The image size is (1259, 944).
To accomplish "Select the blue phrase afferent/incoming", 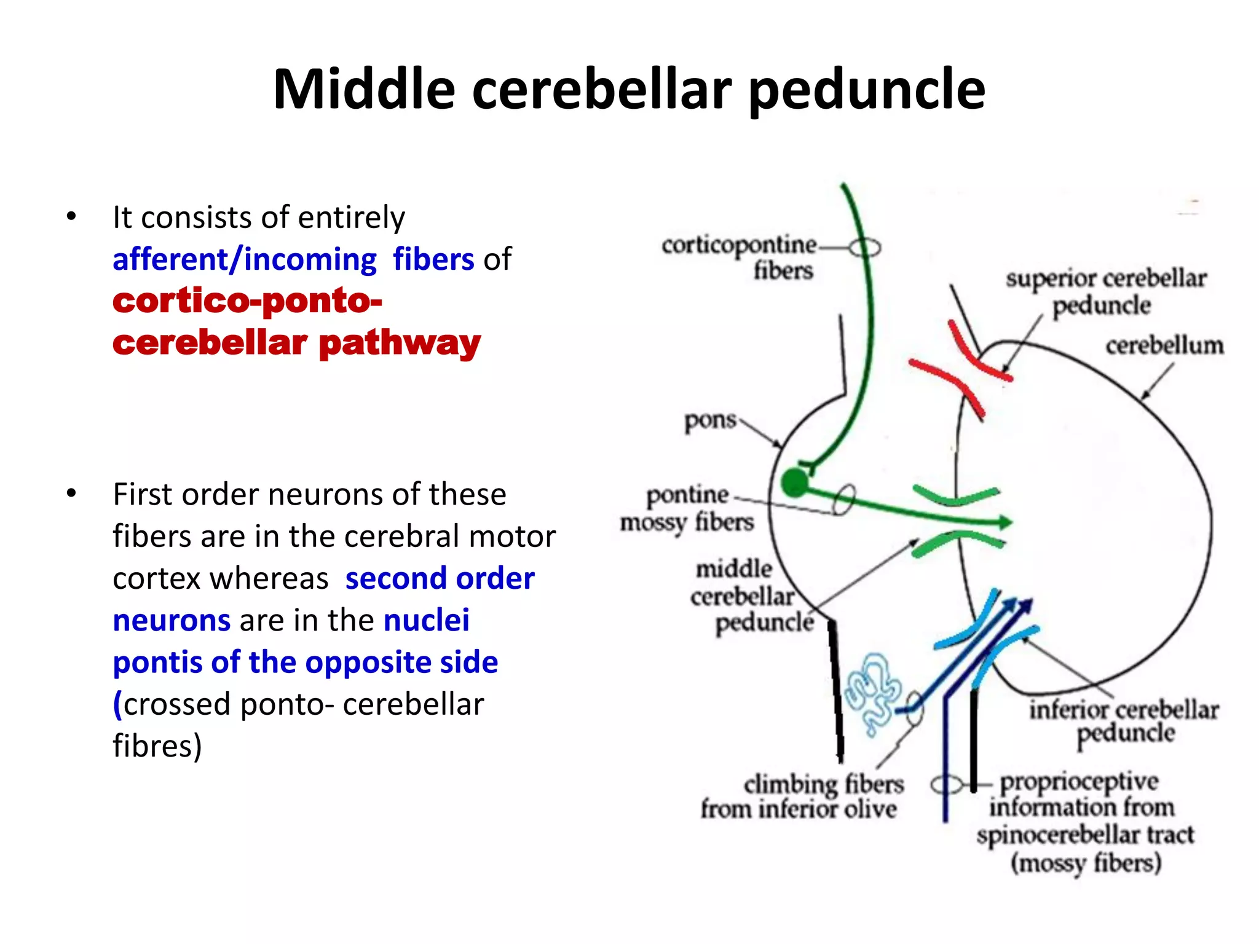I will tap(245, 259).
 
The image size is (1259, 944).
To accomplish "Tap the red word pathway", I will tap(400, 343).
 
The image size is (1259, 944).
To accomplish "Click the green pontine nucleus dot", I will tap(794, 483).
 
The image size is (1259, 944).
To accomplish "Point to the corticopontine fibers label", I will tap(738, 257).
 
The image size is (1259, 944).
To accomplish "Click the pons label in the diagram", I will tap(710, 420).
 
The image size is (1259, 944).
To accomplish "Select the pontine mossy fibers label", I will tap(687, 508).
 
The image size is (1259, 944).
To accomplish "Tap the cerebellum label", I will tap(1164, 345).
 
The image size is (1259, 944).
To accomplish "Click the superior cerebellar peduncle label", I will tap(1105, 291).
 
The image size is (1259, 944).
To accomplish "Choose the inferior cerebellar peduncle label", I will tap(1124, 721).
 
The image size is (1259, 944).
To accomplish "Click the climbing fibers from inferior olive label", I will tap(802, 796).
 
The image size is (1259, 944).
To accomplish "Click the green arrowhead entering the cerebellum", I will tap(1004, 522).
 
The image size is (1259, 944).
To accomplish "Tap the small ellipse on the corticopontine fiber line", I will tap(865, 248).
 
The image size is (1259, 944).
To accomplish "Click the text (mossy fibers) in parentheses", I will tap(1086, 863).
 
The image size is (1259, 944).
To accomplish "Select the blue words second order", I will tap(440, 579).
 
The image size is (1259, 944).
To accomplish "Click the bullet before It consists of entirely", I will tap(72, 216).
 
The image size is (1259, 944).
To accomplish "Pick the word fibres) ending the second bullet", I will tap(157, 746).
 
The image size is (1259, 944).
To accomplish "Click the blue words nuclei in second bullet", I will tap(426, 621).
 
